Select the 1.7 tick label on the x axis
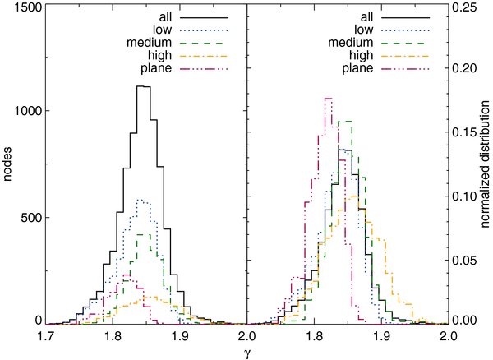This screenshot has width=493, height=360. click(47, 336)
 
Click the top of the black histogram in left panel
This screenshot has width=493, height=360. click(143, 86)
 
